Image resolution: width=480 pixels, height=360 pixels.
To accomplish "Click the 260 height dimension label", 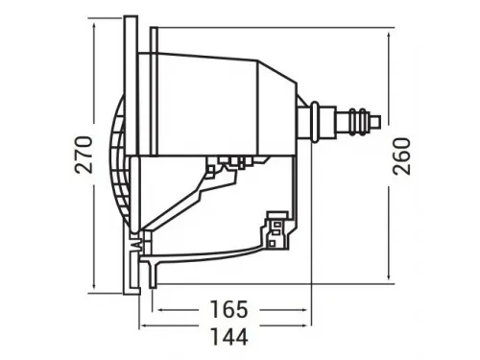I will [402, 154].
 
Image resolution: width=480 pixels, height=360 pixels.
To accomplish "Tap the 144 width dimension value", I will [228, 337].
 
